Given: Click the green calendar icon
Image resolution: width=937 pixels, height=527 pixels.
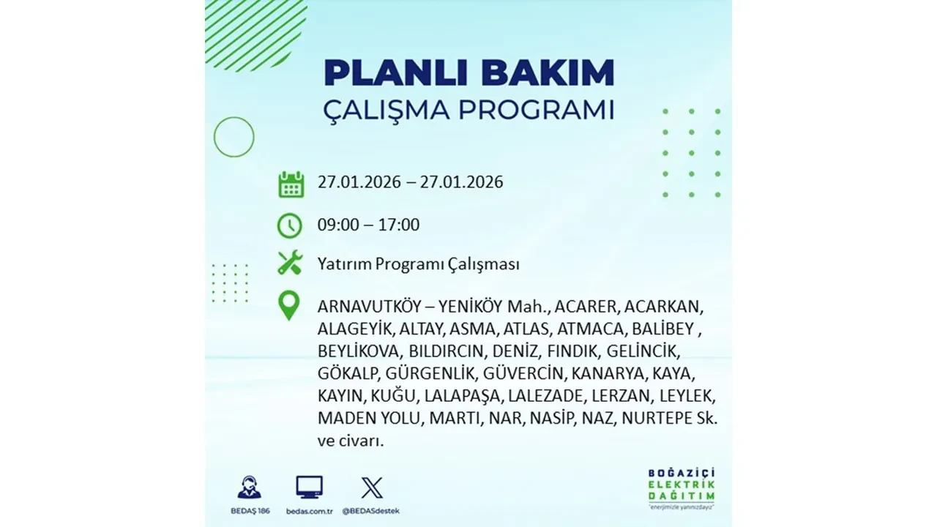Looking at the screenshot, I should [x=291, y=184].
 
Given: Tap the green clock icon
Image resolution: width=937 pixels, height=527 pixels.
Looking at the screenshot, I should [x=290, y=225].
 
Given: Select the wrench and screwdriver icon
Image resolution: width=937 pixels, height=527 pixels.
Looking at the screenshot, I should [x=290, y=263].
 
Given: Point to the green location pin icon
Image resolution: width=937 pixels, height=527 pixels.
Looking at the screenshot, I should [x=290, y=306].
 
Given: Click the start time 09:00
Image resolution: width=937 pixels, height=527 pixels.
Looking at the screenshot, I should [x=338, y=225].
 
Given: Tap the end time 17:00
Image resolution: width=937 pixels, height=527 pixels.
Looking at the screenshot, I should [x=399, y=225].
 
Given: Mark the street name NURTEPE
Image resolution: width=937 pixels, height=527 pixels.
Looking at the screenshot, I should [x=662, y=419].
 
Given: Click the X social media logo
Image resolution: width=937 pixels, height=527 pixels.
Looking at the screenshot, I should [x=372, y=487].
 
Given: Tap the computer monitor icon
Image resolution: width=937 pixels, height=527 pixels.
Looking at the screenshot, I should [x=309, y=487].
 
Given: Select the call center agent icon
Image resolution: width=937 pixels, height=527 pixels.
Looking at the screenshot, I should [x=249, y=487].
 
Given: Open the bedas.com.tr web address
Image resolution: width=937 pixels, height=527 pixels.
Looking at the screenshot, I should [x=309, y=510].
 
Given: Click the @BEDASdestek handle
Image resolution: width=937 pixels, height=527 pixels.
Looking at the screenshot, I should [x=372, y=510].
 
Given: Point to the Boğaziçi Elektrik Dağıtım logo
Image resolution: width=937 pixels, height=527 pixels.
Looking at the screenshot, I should [x=682, y=486].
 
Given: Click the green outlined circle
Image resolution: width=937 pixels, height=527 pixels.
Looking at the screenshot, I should [x=234, y=137].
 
